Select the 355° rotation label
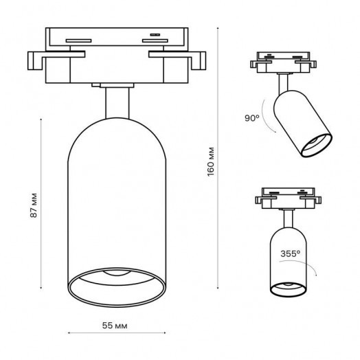(290, 254)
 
